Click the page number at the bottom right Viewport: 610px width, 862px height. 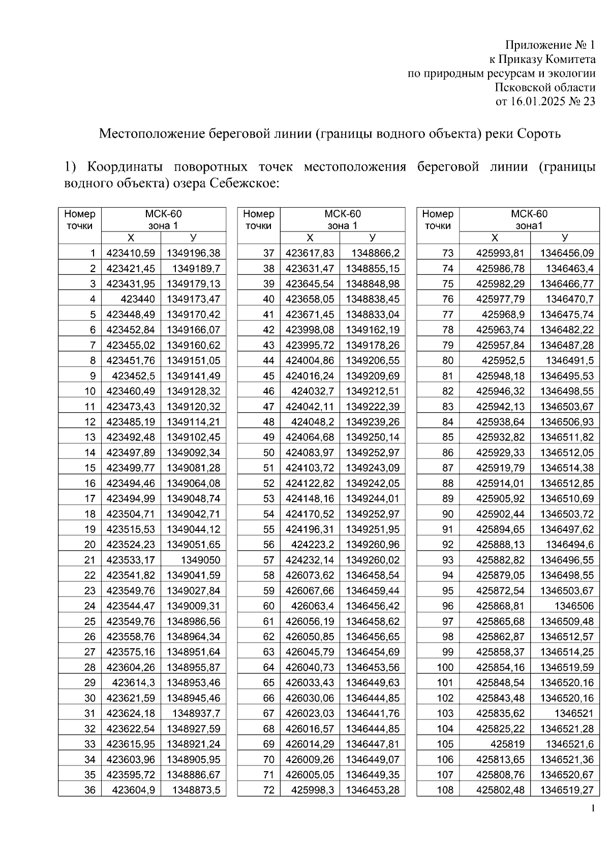click(x=592, y=809)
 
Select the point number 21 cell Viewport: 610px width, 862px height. click(x=90, y=560)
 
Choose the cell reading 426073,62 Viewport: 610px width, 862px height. click(x=310, y=575)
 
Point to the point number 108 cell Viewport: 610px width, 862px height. click(x=445, y=790)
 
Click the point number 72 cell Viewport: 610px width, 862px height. click(x=268, y=790)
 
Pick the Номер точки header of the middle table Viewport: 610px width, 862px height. click(x=259, y=220)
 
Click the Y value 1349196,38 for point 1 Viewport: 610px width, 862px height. click(x=194, y=253)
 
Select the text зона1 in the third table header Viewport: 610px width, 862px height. click(x=529, y=226)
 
